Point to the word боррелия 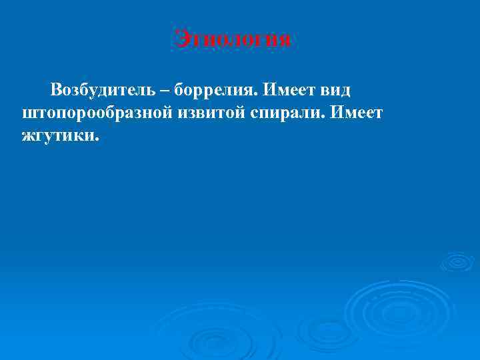(x=214, y=89)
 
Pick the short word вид (x=335, y=89)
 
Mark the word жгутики (x=57, y=137)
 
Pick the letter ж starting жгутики (x=27, y=137)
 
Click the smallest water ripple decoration (x=457, y=261)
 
